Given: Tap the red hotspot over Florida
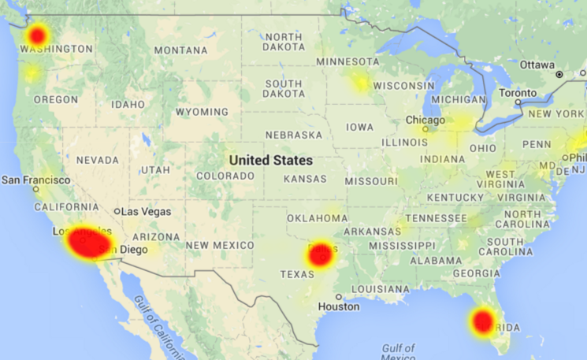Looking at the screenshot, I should click(x=482, y=320).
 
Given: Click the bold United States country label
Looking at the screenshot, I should click(x=270, y=160).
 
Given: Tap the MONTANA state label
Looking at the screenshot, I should click(x=180, y=50).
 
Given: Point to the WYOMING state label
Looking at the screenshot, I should click(x=201, y=112).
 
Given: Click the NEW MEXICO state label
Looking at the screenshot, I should click(x=220, y=246).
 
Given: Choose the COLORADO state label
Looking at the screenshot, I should click(x=219, y=176).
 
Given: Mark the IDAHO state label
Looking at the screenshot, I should click(x=128, y=104).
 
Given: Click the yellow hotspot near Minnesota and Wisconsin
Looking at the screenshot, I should click(x=361, y=82).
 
